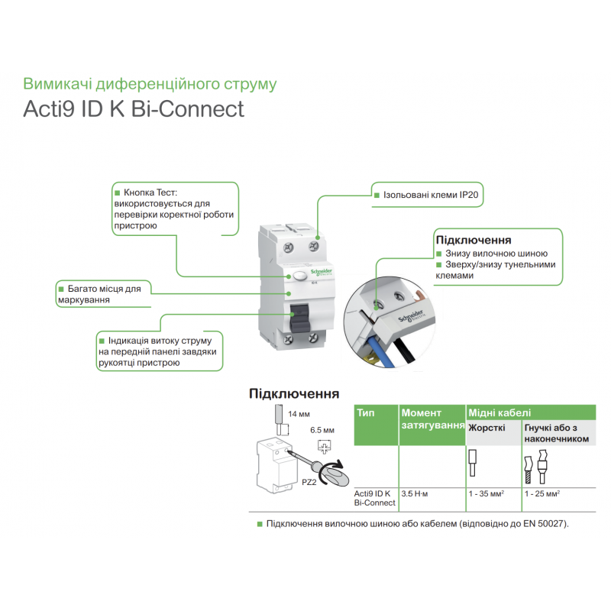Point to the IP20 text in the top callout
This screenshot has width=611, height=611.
pyautogui.click(x=469, y=196)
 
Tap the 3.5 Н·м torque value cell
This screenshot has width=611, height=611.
pyautogui.click(x=417, y=494)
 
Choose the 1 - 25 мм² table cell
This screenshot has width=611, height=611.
pyautogui.click(x=542, y=494)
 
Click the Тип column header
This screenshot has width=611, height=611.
pyautogui.click(x=366, y=412)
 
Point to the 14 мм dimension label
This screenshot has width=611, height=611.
pyautogui.click(x=297, y=414)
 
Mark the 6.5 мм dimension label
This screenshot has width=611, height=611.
pyautogui.click(x=322, y=431)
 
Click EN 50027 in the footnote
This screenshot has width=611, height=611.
pyautogui.click(x=543, y=524)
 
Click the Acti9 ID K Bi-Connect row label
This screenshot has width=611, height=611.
pyautogui.click(x=374, y=498)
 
